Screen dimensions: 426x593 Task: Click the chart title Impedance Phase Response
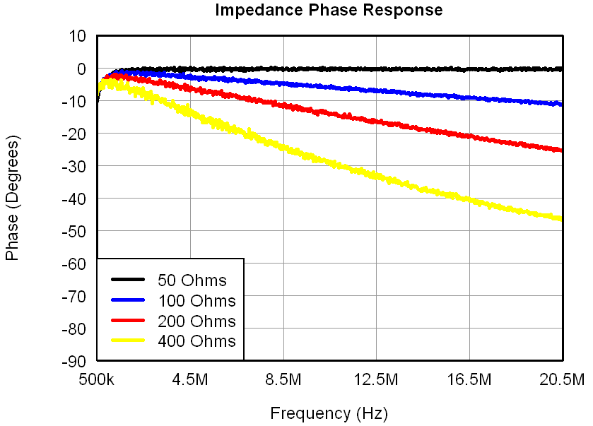tap(329, 11)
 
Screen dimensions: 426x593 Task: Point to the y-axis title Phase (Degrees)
tap(12, 198)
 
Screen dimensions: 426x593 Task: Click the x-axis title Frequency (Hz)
tap(329, 413)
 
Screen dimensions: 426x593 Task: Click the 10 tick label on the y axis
tap(76, 36)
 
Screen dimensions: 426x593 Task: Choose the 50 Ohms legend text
tap(192, 280)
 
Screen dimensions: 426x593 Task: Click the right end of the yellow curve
tap(561, 218)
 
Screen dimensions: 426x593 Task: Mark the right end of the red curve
tap(561, 150)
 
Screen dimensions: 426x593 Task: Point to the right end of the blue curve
tap(561, 104)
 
